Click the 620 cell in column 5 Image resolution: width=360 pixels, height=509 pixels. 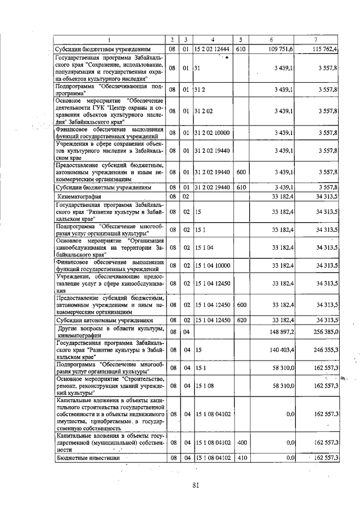[x=241, y=320]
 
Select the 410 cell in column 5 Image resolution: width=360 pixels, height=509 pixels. [x=241, y=458]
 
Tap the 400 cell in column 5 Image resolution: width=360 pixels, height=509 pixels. [x=241, y=443]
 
